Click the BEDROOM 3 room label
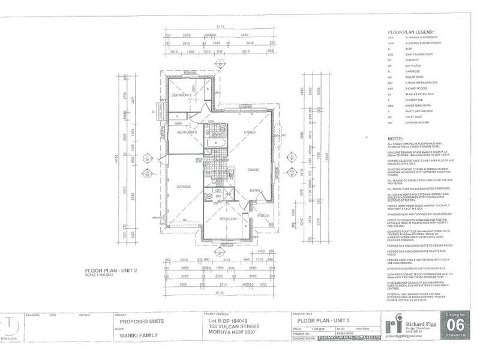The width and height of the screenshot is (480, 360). click(181, 95)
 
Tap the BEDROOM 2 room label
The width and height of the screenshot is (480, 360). click(187, 133)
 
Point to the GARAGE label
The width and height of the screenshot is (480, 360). click(184, 187)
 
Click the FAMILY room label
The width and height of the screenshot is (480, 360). click(249, 132)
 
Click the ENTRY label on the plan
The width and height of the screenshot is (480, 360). click(256, 191)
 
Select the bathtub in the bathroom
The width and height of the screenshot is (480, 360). click(214, 144)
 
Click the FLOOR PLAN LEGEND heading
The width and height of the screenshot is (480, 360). click(410, 32)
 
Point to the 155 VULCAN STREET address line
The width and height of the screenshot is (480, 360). click(233, 326)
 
